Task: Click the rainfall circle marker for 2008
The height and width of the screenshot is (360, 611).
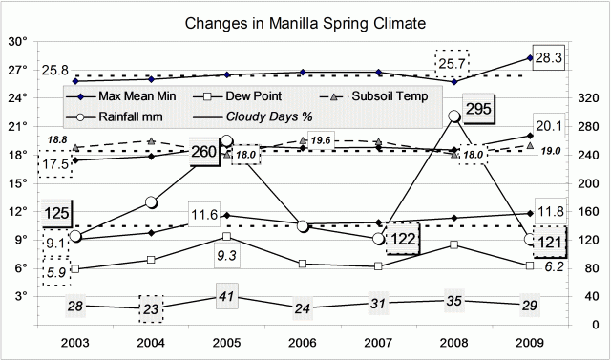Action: point(455,116)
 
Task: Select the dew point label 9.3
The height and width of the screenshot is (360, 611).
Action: point(225,256)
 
